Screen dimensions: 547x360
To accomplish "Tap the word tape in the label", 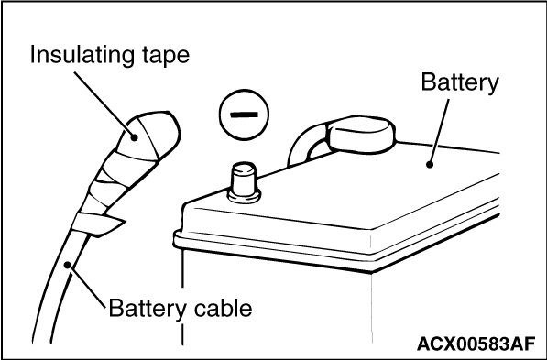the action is point(166,57).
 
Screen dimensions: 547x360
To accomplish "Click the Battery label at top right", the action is point(460,83).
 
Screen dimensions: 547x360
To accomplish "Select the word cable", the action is point(223,309).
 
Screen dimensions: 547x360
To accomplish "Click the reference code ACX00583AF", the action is point(476,344).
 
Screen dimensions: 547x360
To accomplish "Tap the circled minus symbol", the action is point(244,115).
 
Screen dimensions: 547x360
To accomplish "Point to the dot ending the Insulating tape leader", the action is point(134,137).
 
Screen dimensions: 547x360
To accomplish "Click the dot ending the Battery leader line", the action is point(430,164).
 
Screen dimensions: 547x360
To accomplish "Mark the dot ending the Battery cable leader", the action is point(67,266).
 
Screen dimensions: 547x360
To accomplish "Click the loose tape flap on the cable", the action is point(97,225).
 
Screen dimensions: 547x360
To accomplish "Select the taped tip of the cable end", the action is point(149,136).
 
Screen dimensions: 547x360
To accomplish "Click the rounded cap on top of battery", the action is point(361,135).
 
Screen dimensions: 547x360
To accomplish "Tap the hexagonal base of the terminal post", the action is point(244,196).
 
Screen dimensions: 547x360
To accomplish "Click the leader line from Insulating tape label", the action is point(104,104).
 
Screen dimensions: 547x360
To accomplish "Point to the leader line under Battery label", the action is point(439,132).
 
